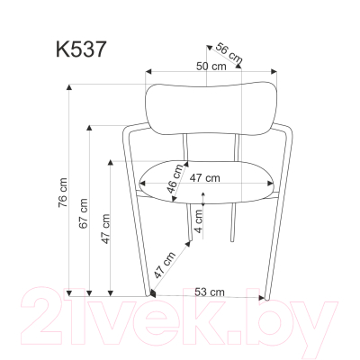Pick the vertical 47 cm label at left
pos(104,231)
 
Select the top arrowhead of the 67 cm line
pos(89,126)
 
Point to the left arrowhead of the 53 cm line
pos(155,293)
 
